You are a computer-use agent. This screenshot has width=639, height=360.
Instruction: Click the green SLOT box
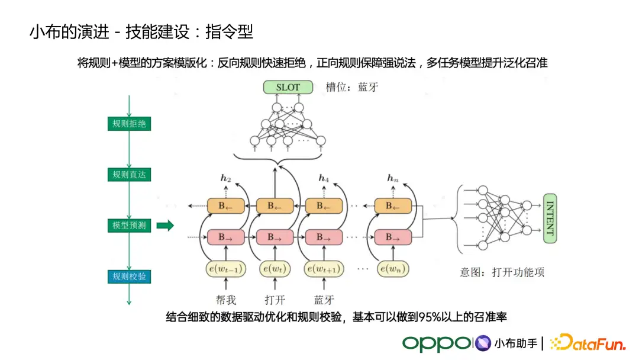point(288,88)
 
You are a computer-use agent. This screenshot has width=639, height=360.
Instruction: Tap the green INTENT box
point(550,218)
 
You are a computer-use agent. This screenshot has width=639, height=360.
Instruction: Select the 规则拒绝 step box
point(129,124)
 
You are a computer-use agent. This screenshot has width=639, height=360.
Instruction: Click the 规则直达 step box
point(129,175)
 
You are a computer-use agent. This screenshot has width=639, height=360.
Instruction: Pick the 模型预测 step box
point(129,226)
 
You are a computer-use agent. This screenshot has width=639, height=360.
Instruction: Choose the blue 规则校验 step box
point(129,276)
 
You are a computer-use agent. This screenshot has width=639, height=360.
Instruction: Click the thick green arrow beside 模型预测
point(165,226)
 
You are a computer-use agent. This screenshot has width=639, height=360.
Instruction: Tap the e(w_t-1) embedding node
point(225,269)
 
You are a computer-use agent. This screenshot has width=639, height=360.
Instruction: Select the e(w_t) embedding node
point(275,269)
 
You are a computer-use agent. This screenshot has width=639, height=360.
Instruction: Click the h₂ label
point(225,178)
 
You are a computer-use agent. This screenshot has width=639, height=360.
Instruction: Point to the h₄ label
point(324,178)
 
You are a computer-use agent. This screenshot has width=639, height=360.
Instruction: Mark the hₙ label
point(392,178)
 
